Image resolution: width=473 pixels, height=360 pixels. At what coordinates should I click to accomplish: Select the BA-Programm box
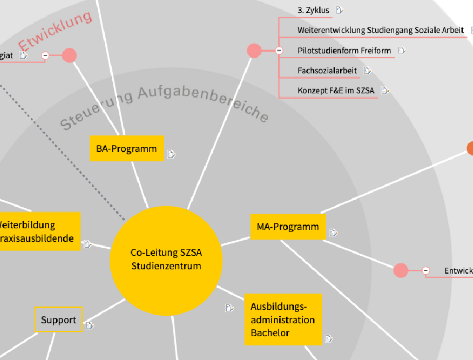(x=126, y=149)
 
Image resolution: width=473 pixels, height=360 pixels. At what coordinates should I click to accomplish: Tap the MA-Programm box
(x=288, y=227)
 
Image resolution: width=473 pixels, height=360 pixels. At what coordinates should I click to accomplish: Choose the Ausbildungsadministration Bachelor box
(x=282, y=320)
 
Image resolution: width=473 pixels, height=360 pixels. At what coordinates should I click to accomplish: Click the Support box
(x=58, y=320)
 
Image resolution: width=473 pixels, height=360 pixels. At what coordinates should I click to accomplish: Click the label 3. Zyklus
(x=313, y=10)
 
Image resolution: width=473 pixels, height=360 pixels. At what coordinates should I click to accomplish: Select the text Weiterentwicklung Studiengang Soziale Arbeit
(x=380, y=30)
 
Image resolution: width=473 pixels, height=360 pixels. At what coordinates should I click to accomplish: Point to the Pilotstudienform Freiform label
(x=344, y=51)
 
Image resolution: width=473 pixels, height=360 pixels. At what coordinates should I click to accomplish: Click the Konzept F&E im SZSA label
(x=335, y=91)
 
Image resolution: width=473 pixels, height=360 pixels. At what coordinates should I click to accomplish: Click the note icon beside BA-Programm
(x=171, y=155)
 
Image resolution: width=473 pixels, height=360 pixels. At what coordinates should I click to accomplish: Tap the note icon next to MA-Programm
(x=334, y=233)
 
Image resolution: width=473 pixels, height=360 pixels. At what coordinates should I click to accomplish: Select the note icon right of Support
(x=90, y=325)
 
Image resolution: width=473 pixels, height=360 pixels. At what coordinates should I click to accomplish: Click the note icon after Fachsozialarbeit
(x=368, y=70)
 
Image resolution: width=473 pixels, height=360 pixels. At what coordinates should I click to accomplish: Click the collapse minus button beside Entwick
(x=425, y=270)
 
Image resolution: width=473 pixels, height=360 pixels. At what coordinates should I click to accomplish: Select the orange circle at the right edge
(x=470, y=148)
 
